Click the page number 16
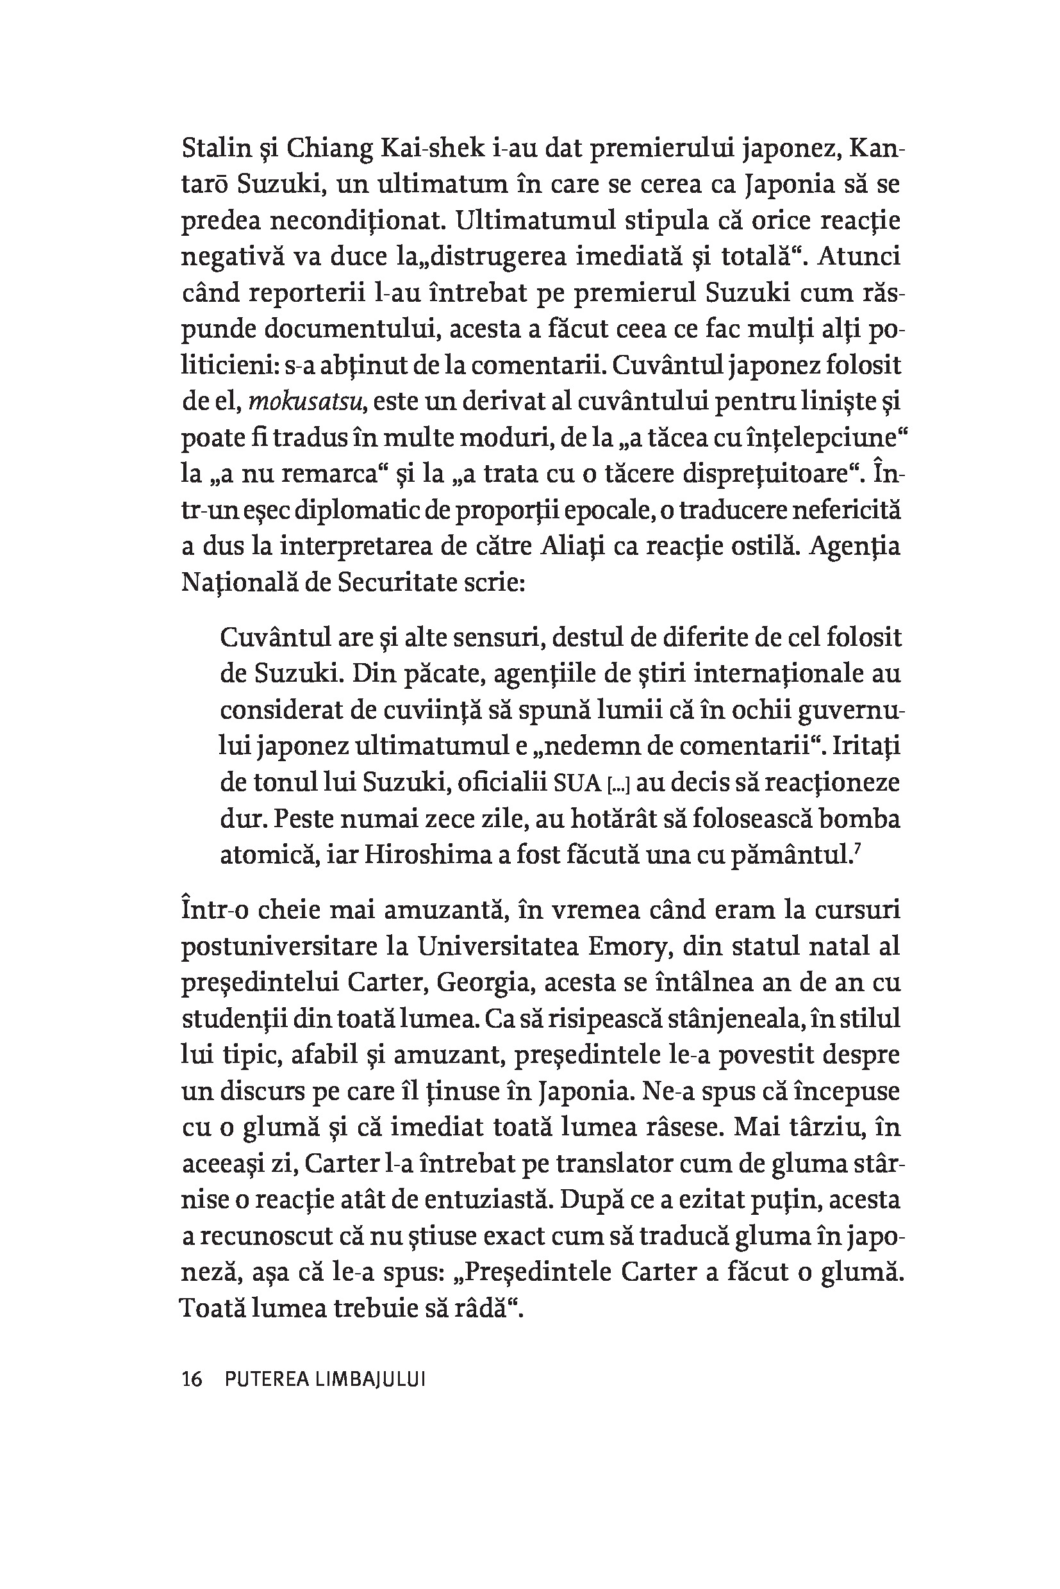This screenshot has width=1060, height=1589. [x=192, y=1379]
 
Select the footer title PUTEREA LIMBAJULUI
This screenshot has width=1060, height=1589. [x=324, y=1379]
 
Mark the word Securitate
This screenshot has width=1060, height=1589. [x=387, y=582]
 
